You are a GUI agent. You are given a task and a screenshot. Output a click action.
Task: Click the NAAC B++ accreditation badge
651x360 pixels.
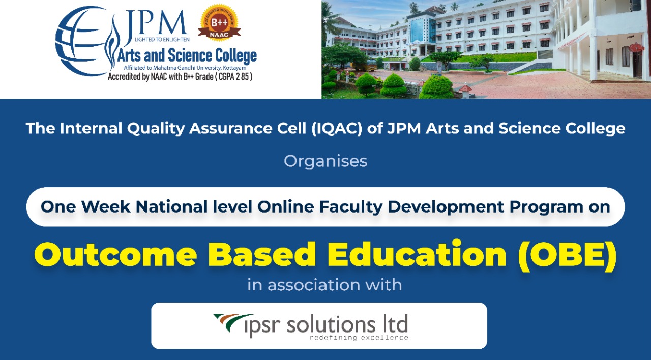219,22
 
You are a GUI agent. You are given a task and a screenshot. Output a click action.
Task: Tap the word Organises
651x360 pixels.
325,161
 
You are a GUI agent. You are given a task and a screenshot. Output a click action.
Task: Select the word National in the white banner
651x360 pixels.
174,207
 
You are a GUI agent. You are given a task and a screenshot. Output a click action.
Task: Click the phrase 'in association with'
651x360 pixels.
324,285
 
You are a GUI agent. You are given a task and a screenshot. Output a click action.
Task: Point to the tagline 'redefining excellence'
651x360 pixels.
359,337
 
